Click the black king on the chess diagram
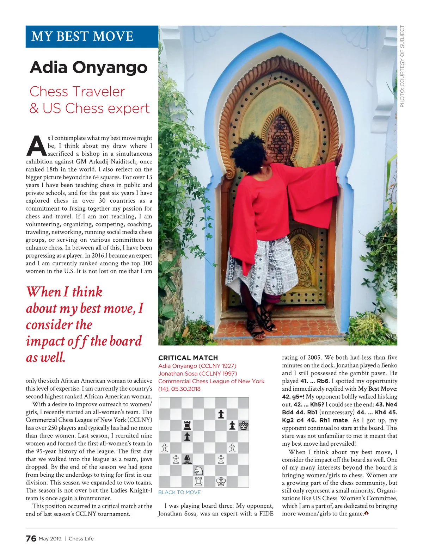point(243,426)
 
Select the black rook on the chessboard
point(187,426)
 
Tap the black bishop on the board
point(187,459)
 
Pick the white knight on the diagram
point(198,470)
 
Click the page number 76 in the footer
point(31,538)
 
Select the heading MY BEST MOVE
point(82,36)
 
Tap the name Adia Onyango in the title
point(88,67)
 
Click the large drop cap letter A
point(36,146)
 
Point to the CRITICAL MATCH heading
point(188,358)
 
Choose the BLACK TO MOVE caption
point(179,492)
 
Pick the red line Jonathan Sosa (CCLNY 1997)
point(197,373)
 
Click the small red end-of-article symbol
point(367,514)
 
